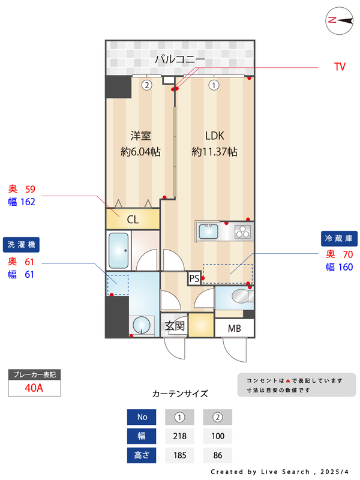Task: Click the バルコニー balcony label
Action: [x=180, y=59]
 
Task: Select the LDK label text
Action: [x=214, y=135]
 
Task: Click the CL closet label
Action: [x=133, y=220]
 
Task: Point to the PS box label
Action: [x=194, y=278]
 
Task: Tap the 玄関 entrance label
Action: [x=175, y=326]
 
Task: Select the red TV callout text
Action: [x=340, y=67]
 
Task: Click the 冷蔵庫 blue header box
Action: [x=340, y=238]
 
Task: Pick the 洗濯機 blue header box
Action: [x=22, y=244]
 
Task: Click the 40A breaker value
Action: [x=34, y=388]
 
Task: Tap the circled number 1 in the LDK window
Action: [x=213, y=85]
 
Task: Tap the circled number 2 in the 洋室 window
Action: [x=146, y=85]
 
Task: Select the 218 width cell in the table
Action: [x=179, y=436]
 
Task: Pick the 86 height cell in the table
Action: [x=217, y=455]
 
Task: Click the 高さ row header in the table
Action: [x=142, y=455]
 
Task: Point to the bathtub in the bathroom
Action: [x=119, y=250]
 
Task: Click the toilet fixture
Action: [x=238, y=296]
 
